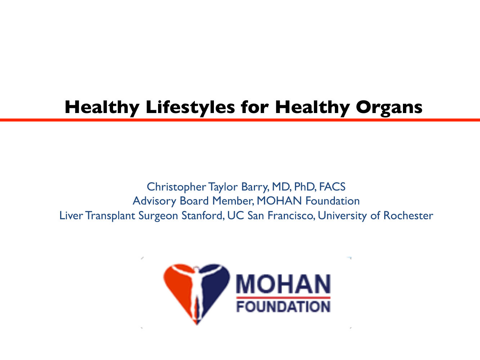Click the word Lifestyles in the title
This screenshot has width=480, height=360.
point(190,107)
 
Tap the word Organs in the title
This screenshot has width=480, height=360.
point(389,108)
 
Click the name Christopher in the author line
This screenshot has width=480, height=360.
point(176,187)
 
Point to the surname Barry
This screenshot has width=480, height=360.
point(255,187)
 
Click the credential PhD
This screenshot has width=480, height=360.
point(305,187)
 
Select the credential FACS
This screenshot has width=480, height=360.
point(332,187)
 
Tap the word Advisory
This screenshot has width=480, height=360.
point(154,201)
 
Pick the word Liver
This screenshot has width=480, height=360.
point(71,216)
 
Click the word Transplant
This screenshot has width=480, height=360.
point(110,216)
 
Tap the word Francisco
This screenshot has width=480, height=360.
point(291,216)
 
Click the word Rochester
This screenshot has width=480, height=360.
point(408,216)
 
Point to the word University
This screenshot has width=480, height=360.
point(342,216)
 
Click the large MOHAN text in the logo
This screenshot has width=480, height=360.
point(283,284)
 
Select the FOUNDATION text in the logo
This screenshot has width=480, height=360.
point(283,306)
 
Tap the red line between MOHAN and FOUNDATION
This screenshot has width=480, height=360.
point(283,297)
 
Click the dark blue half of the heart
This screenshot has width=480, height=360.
point(215,284)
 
